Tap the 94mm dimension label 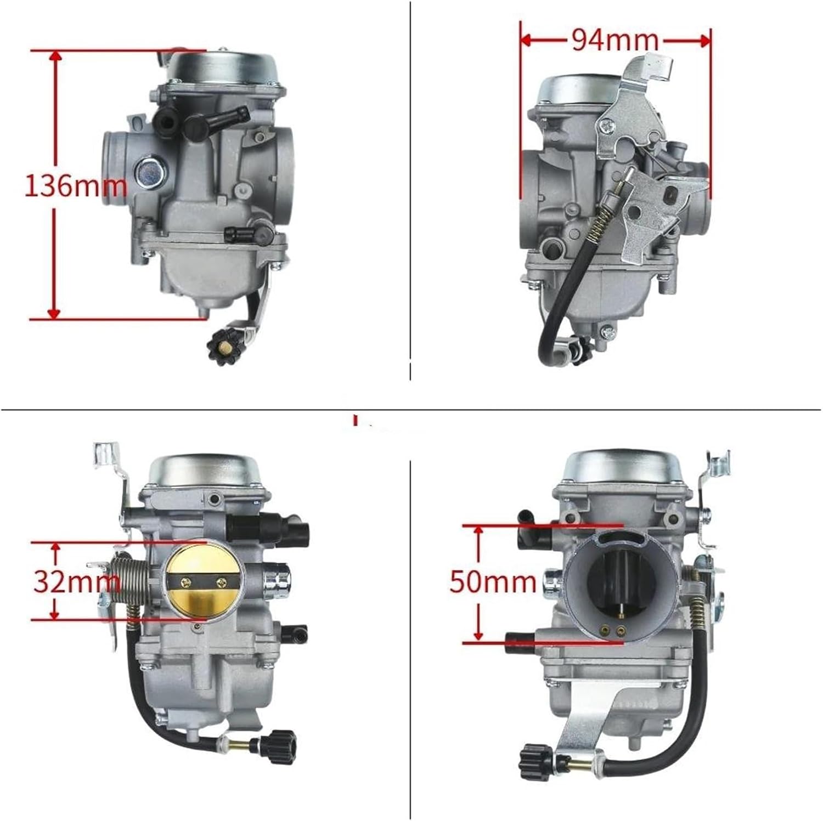point(615,40)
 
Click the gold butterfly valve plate point(204,581)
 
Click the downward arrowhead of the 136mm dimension point(54,313)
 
